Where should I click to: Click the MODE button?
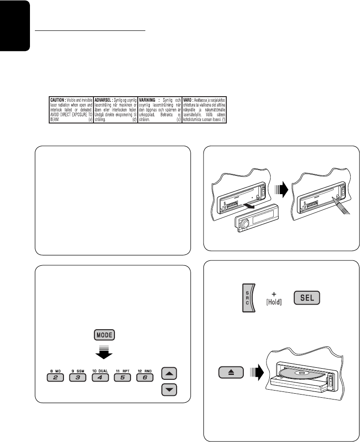tap(104, 335)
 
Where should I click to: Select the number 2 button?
tap(56, 377)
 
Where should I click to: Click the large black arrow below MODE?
tap(104, 353)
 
